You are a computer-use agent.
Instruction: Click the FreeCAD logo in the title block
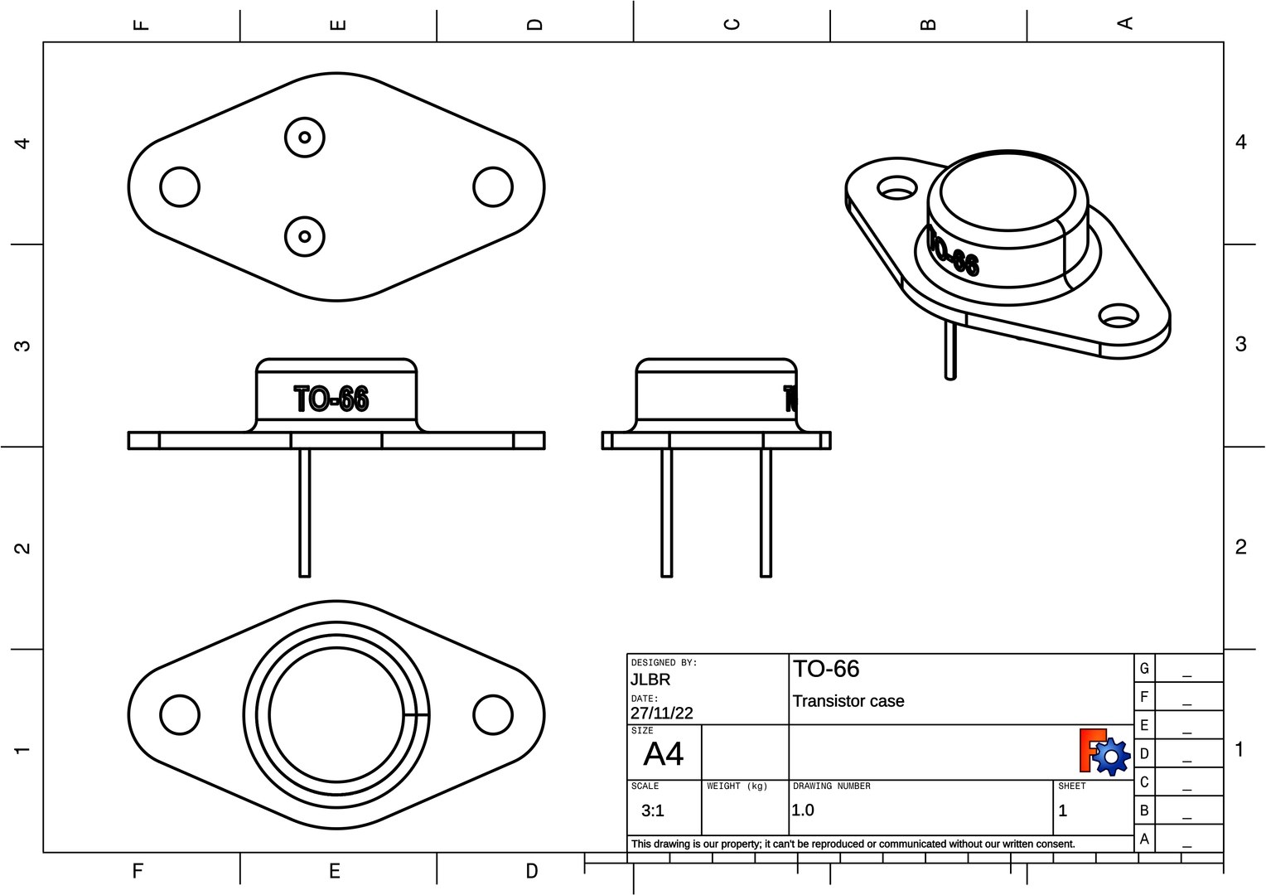(x=1104, y=752)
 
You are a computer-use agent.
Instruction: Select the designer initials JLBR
(x=650, y=680)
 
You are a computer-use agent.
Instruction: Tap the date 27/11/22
(x=661, y=713)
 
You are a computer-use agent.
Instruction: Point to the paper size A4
(x=663, y=754)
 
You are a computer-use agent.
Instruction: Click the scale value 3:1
(x=652, y=810)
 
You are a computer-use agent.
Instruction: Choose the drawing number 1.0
(x=803, y=810)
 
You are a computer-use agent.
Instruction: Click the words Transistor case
(x=848, y=701)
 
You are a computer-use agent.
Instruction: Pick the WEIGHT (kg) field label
(x=737, y=786)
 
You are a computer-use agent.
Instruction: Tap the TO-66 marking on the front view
(x=331, y=399)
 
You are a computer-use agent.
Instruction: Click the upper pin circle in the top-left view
(x=304, y=138)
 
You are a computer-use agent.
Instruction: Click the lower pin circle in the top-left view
(x=304, y=236)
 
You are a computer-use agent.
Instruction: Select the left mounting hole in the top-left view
(x=180, y=186)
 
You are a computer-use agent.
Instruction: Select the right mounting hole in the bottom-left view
(x=493, y=714)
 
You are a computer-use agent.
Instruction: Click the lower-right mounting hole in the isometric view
(x=1118, y=316)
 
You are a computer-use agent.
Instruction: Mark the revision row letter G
(x=1144, y=668)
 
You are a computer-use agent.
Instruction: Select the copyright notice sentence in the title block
(x=853, y=844)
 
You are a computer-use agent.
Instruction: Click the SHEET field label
(x=1071, y=786)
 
